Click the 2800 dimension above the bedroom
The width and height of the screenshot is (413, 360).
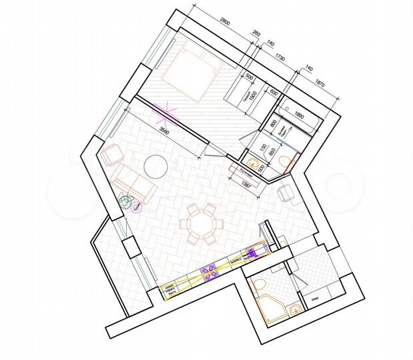pyautogui.click(x=225, y=25)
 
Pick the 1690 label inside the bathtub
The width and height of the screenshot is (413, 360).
pyautogui.click(x=298, y=114)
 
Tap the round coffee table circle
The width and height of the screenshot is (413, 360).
pyautogui.click(x=156, y=166)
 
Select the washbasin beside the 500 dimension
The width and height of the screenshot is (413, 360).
pyautogui.click(x=254, y=162)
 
